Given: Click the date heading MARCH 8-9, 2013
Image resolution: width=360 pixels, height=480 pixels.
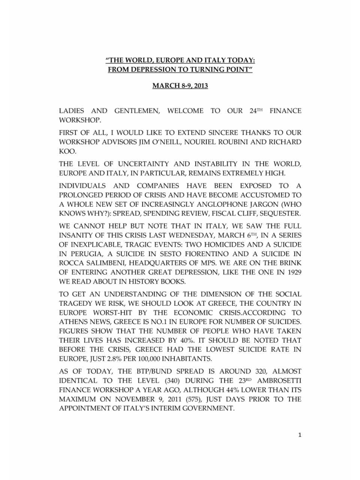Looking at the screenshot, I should (x=180, y=86).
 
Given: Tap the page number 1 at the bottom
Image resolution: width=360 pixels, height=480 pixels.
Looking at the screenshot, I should (x=300, y=435).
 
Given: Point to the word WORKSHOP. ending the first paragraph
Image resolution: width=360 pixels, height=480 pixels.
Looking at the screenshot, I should (x=80, y=120).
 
